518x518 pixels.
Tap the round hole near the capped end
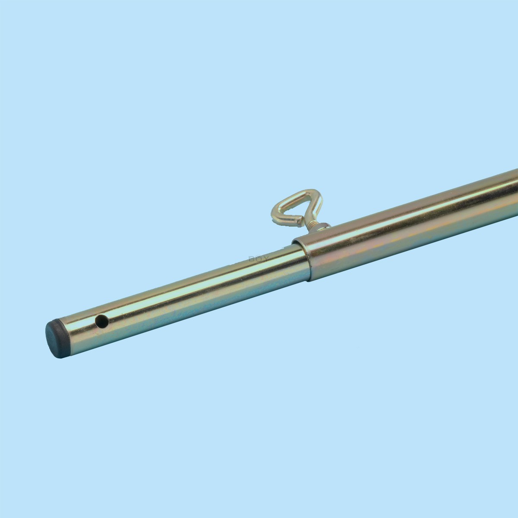[x=101, y=321]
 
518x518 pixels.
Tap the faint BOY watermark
[x=258, y=259]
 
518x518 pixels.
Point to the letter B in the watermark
[x=251, y=259]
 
